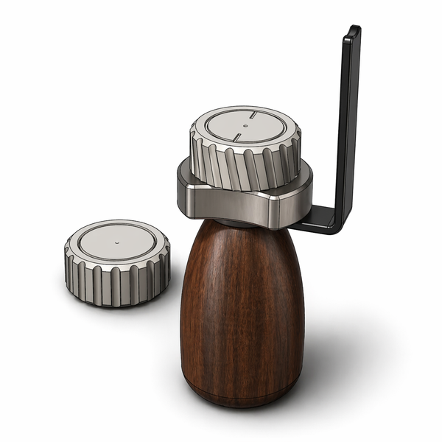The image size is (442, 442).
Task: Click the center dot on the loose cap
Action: point(117,241)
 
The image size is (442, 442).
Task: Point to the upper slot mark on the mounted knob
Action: point(252,115)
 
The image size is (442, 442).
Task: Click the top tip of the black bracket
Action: point(354,30)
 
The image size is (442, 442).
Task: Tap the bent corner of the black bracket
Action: point(339,222)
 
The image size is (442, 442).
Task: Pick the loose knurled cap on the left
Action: point(117,262)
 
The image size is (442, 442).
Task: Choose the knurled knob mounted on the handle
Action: point(245,147)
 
